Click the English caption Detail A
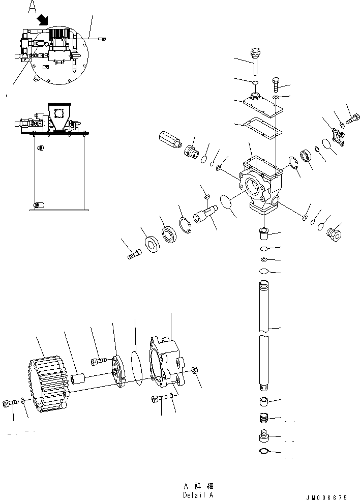[x=198, y=494]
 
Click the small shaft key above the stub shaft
[x=206, y=193]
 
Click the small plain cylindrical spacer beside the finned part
[x=79, y=379]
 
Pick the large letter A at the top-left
[x=33, y=7]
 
